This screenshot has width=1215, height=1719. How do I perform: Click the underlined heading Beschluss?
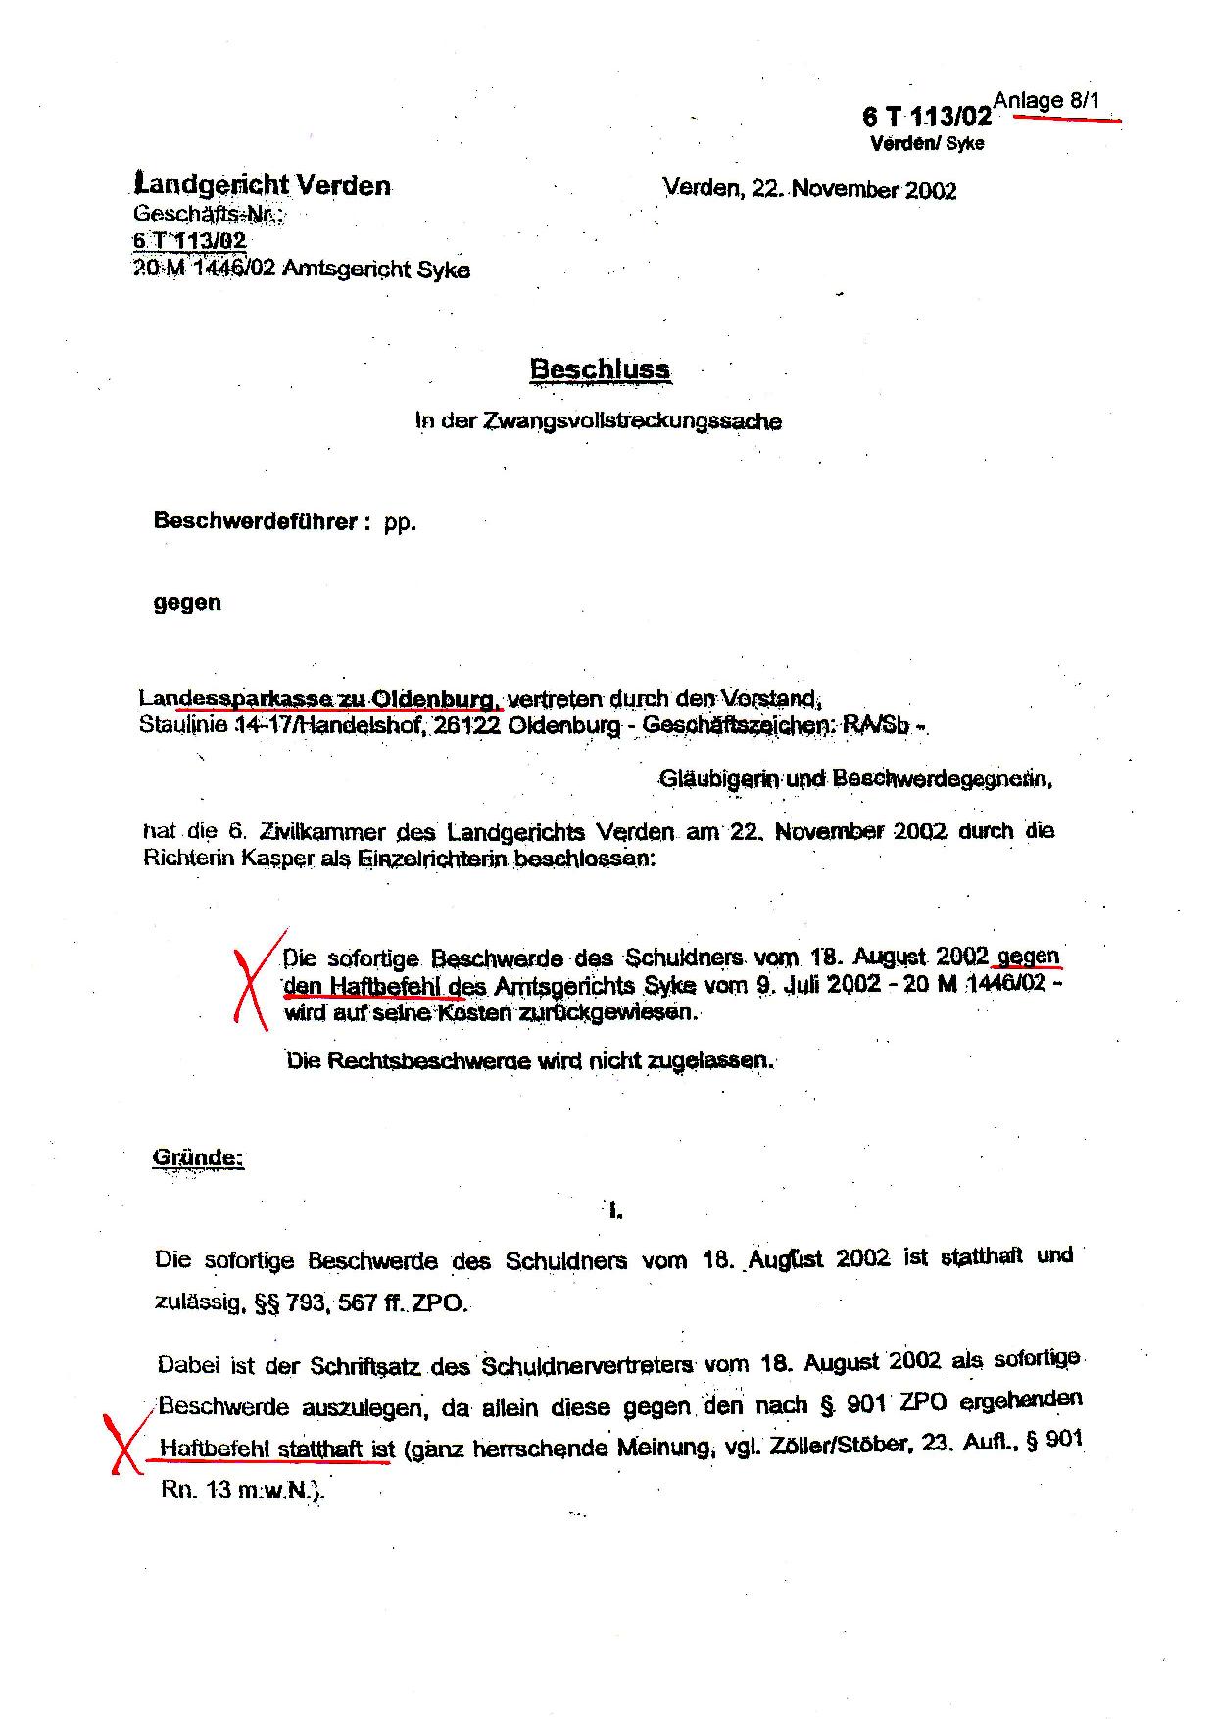pos(600,369)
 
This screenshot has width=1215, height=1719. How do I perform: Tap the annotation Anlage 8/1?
pos(1046,100)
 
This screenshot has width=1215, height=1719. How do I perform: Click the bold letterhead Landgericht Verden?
pos(263,185)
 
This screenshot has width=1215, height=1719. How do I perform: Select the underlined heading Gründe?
pos(197,1157)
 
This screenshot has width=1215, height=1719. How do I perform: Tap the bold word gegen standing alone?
pos(187,603)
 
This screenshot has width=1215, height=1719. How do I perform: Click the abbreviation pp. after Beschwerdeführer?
pos(400,522)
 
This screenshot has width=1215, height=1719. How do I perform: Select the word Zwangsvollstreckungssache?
pos(633,422)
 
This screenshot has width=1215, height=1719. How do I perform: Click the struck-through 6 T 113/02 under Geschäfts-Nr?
pos(190,241)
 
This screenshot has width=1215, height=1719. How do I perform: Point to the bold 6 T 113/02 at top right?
pos(926,118)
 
